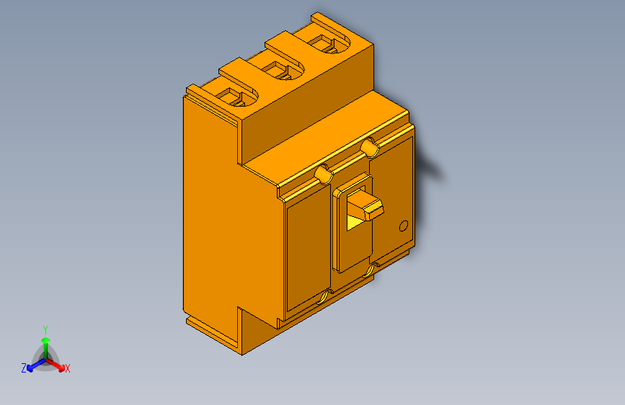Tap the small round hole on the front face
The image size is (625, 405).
click(404, 226)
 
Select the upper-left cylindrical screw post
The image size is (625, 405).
click(324, 174)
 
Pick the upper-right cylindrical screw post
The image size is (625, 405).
click(369, 147)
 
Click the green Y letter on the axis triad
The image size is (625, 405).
click(45, 328)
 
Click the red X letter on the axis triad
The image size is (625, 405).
click(68, 369)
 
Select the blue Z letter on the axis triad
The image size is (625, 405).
click(24, 368)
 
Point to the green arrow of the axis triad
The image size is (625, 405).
click(45, 343)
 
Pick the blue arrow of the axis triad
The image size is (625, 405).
click(33, 364)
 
